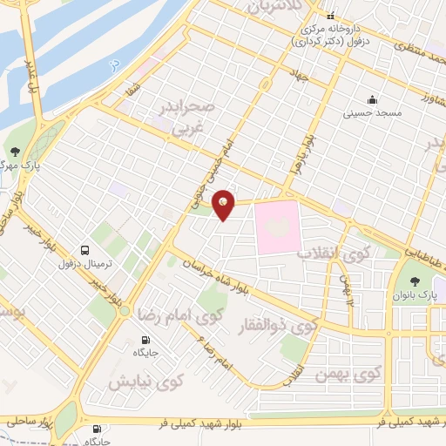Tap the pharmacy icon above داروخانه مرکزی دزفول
[330, 16]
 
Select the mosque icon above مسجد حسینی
[372, 98]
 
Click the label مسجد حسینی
[371, 112]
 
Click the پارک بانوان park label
[416, 296]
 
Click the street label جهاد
[301, 78]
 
